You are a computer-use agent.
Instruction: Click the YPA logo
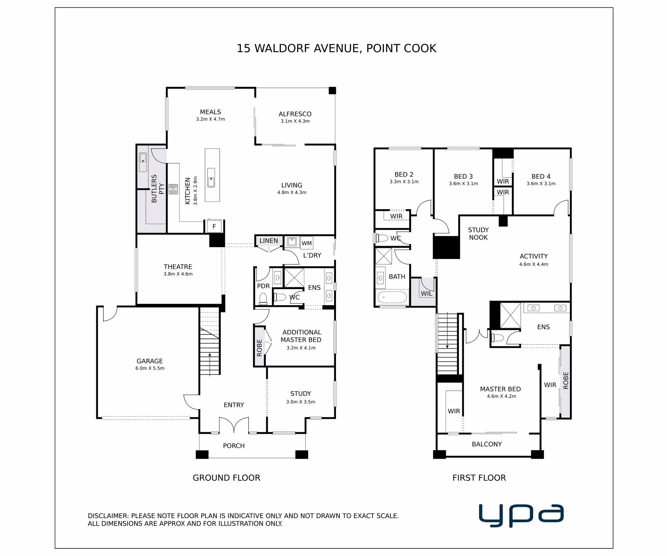tap(521, 516)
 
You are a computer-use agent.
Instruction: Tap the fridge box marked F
tap(214, 226)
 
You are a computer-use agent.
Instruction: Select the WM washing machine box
tap(306, 243)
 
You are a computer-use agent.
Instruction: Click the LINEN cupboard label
tap(269, 241)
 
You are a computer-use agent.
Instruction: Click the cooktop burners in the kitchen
tap(173, 189)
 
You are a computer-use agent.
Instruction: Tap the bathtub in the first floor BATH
tap(392, 298)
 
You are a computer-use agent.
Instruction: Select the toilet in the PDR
tap(263, 299)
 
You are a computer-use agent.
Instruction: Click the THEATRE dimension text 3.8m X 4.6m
tap(178, 274)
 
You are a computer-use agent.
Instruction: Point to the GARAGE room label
tap(150, 361)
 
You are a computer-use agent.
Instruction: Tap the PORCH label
tap(234, 445)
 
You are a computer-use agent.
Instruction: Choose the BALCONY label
tap(487, 444)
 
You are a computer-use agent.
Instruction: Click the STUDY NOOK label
tap(478, 234)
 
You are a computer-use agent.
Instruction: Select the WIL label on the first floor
tap(427, 294)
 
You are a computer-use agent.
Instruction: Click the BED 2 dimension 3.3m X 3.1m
tap(404, 182)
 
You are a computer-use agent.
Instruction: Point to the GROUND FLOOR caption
tap(227, 478)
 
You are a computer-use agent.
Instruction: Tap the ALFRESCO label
tap(295, 114)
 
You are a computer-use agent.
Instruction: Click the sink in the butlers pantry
tap(143, 162)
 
